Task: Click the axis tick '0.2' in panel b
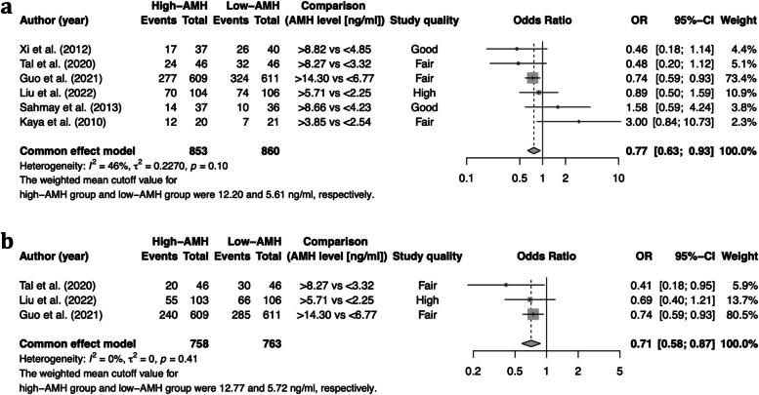pyautogui.click(x=472, y=372)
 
